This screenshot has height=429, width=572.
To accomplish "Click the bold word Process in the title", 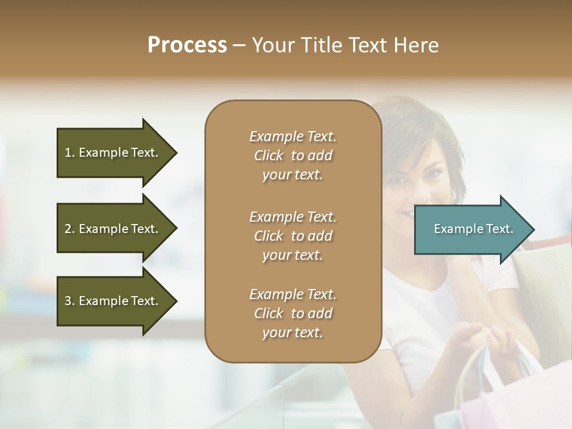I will coord(187,45).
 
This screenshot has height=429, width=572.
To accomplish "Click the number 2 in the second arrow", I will coord(67,229).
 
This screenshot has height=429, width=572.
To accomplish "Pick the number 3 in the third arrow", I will coord(67,301).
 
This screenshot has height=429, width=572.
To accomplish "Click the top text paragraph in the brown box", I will coord(293,156).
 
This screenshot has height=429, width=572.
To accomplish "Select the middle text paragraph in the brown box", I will coord(293,236).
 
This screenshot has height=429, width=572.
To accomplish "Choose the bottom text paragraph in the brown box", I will coord(293,313).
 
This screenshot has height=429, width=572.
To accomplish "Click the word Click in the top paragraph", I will coord(269,156).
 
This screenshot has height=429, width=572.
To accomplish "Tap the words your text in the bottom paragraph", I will coord(293,333).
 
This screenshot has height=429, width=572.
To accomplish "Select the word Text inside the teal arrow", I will coord(499,229).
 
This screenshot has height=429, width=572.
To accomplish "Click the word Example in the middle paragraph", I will coord(276,217).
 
